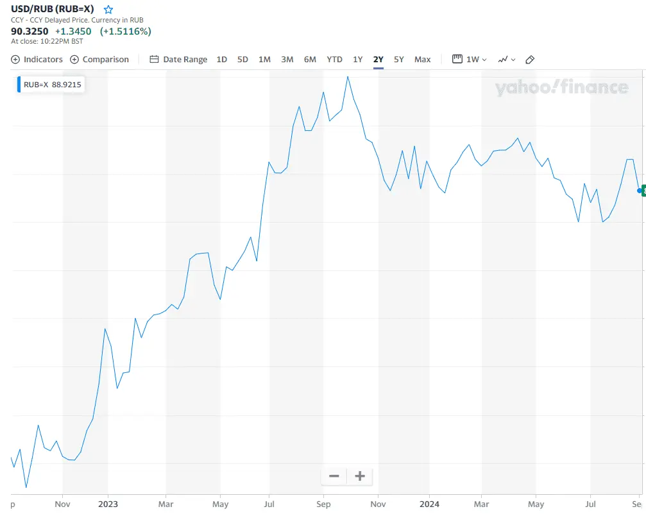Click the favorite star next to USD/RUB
(x=108, y=10)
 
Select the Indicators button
(x=37, y=59)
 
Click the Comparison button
(x=99, y=59)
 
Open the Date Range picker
(x=178, y=59)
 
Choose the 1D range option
(x=221, y=59)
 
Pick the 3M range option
(x=287, y=59)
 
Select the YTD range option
(x=334, y=59)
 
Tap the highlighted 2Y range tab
(x=378, y=59)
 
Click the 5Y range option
(x=399, y=59)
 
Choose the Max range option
(x=422, y=59)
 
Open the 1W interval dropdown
(x=470, y=59)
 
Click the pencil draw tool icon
(x=530, y=60)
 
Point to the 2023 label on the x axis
(x=108, y=504)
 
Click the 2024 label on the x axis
(x=429, y=504)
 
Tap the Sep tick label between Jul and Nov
(x=323, y=504)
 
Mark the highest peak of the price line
(x=347, y=76)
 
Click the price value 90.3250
(x=30, y=31)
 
